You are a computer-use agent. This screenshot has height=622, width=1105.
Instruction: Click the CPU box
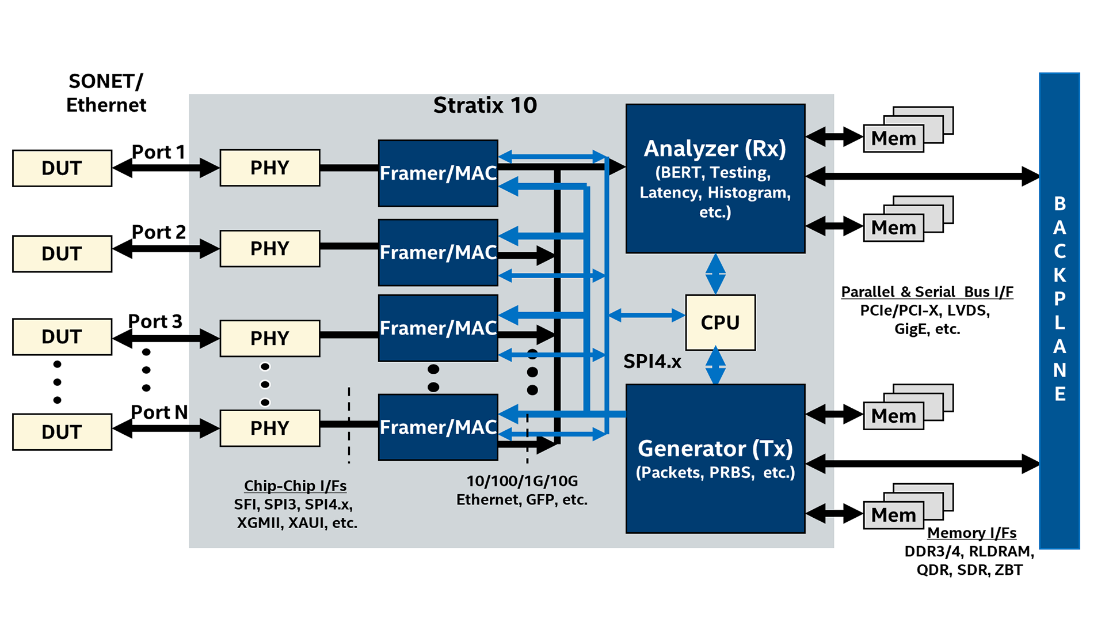[x=720, y=323]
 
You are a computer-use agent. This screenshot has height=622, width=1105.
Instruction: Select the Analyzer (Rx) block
[x=715, y=179]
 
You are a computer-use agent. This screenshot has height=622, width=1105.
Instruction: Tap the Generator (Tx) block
[x=715, y=458]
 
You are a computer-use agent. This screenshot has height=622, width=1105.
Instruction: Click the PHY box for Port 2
[x=269, y=248]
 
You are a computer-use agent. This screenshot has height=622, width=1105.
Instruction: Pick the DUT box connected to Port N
[x=62, y=432]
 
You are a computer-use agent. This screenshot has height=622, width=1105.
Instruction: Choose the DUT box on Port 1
[x=62, y=168]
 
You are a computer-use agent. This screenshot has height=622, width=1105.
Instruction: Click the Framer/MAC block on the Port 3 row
[x=437, y=328]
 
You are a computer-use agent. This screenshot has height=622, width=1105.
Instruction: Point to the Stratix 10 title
[x=485, y=105]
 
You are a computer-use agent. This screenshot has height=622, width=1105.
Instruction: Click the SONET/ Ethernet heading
[x=106, y=93]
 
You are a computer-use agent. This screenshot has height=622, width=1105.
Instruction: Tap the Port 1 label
[x=158, y=152]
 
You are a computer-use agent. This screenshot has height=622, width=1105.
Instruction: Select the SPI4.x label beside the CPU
[x=652, y=362]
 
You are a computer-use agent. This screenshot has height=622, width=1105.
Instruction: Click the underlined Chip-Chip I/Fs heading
[x=295, y=486]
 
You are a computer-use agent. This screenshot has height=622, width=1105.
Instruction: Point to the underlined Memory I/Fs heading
[x=971, y=533]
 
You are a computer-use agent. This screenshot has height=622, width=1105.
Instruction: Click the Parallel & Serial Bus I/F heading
[x=927, y=292]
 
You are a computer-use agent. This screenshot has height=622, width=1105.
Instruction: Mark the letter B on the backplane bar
[x=1060, y=204]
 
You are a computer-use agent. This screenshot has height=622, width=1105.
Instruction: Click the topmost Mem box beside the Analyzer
[x=893, y=138]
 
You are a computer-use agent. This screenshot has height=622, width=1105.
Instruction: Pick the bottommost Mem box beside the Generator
[x=893, y=515]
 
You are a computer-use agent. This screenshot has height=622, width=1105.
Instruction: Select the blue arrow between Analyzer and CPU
[x=715, y=274]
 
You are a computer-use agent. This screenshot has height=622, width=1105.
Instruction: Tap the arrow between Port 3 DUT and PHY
[x=166, y=338]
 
